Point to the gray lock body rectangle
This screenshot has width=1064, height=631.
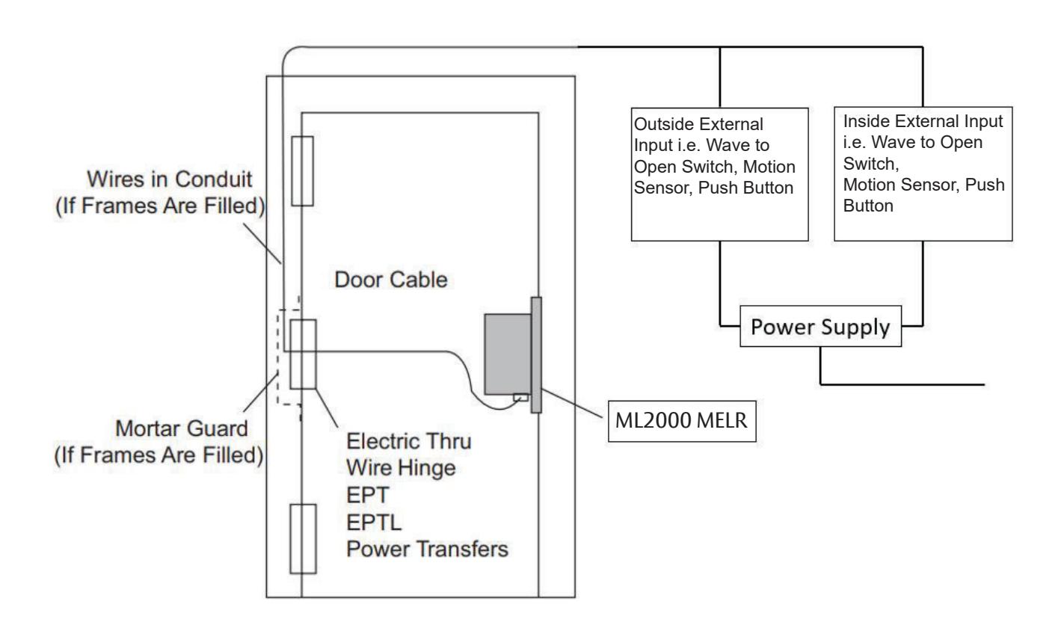pyautogui.click(x=507, y=353)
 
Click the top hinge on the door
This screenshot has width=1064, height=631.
pyautogui.click(x=301, y=170)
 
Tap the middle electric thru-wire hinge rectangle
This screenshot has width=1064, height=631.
pyautogui.click(x=304, y=354)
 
